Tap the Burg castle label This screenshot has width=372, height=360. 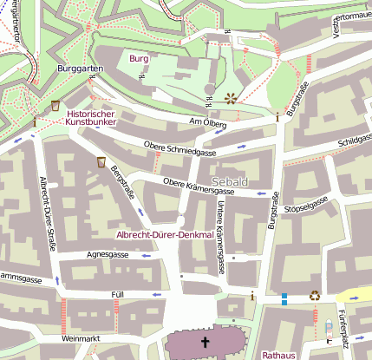point(139,58)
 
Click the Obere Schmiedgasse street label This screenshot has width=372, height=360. point(179,148)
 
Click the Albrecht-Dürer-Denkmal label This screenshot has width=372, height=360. point(165,235)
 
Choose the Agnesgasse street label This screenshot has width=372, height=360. point(108,255)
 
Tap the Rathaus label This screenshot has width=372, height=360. point(279,354)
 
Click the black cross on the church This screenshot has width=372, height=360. point(206,343)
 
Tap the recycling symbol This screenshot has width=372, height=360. point(316,295)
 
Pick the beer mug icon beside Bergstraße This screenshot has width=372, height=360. point(101,161)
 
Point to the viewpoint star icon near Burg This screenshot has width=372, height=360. point(231,98)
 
